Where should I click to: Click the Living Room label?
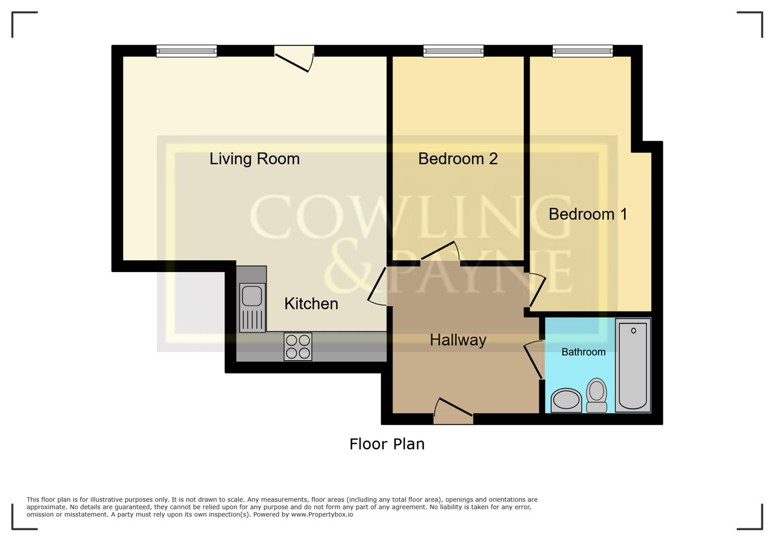[x=254, y=159]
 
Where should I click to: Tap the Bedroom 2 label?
[x=458, y=159]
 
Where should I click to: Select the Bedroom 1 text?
[x=588, y=214]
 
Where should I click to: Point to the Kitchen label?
[x=311, y=304]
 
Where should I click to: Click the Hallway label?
[x=458, y=340]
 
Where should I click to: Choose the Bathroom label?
[x=583, y=352]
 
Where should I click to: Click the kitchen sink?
[x=252, y=307]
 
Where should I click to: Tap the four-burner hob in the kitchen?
[x=298, y=347]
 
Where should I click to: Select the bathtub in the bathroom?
[x=633, y=365]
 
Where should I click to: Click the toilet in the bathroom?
[x=597, y=395]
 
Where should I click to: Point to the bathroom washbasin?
[x=566, y=400]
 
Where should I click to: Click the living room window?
[x=186, y=51]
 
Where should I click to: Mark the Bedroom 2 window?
[x=453, y=51]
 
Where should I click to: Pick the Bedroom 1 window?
[x=583, y=51]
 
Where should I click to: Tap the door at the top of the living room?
[x=294, y=58]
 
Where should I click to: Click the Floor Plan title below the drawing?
[x=386, y=444]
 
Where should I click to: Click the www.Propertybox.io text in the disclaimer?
[x=322, y=514]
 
